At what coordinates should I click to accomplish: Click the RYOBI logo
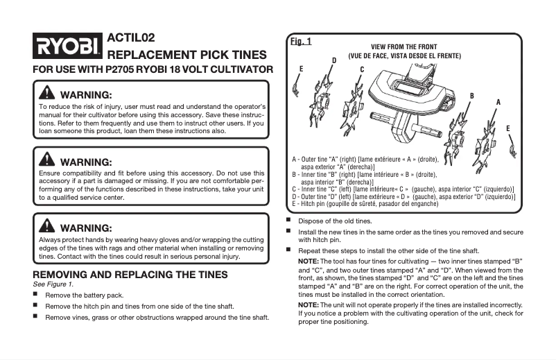67,47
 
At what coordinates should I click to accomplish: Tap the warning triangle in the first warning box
47,94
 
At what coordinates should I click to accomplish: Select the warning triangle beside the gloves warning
47,227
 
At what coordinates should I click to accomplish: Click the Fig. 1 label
300,42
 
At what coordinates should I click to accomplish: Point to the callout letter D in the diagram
334,61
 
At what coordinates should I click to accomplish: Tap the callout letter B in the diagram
472,95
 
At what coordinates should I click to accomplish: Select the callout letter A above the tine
498,102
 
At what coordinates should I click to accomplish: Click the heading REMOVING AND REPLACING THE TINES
130,275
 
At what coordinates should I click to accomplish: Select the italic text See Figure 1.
53,284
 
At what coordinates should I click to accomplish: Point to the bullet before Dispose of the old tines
289,221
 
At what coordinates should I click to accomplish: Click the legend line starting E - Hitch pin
365,204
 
